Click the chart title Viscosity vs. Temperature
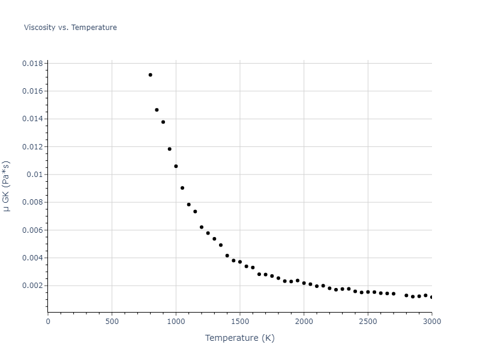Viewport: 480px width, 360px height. coord(70,28)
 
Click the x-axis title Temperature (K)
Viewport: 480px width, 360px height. coord(239,338)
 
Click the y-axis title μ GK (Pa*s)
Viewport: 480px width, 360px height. coord(7,185)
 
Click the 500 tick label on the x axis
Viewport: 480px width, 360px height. coord(112,321)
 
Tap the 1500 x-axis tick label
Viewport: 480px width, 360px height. coord(239,321)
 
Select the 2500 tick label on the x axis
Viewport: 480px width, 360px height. coord(368,321)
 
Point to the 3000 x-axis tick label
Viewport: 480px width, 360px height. coord(431,321)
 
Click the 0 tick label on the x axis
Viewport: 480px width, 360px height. coord(48,321)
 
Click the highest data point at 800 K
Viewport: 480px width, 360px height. coord(151,75)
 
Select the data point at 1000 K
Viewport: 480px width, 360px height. coord(176,166)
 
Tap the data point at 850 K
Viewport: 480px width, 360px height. coord(157,110)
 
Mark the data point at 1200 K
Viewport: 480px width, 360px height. coord(202,227)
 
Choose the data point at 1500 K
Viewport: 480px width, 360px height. coord(240,262)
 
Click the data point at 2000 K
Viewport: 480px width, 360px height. coord(304,283)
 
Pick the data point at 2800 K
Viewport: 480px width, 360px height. coord(406,295)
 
